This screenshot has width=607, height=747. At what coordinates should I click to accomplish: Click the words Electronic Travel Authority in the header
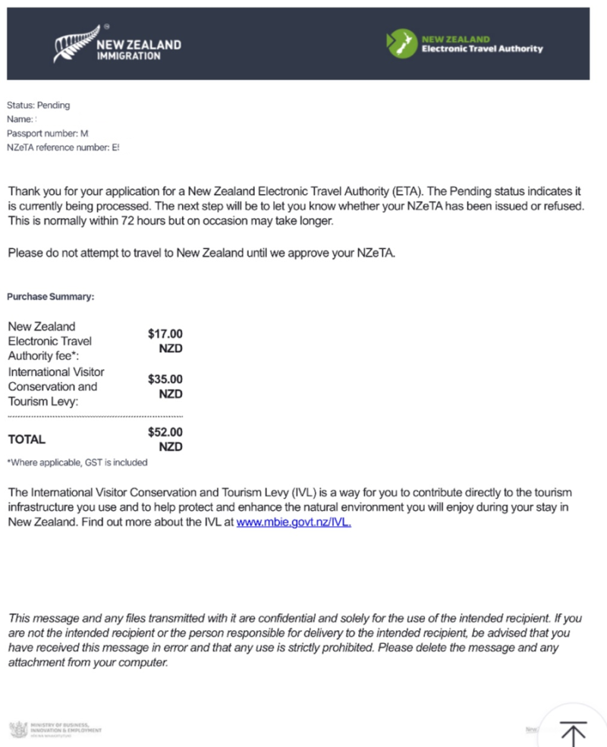click(482, 49)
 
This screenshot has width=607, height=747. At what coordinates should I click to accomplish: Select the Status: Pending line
click(38, 106)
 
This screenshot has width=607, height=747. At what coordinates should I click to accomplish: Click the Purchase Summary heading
click(51, 297)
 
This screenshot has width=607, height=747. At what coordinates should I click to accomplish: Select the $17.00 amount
click(165, 334)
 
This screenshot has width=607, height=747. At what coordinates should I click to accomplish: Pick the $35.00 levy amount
click(165, 379)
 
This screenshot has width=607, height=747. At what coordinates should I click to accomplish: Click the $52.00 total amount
click(165, 432)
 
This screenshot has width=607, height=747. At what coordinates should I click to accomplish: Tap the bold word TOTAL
click(27, 440)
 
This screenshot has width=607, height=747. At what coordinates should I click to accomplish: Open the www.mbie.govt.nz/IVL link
click(294, 522)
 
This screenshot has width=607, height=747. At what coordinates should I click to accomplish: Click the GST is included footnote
click(77, 462)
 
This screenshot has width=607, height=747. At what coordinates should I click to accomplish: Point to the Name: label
click(20, 119)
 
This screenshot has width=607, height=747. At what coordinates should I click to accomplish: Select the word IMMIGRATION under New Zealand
click(128, 55)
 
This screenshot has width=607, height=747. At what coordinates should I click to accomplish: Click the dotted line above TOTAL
click(95, 417)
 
